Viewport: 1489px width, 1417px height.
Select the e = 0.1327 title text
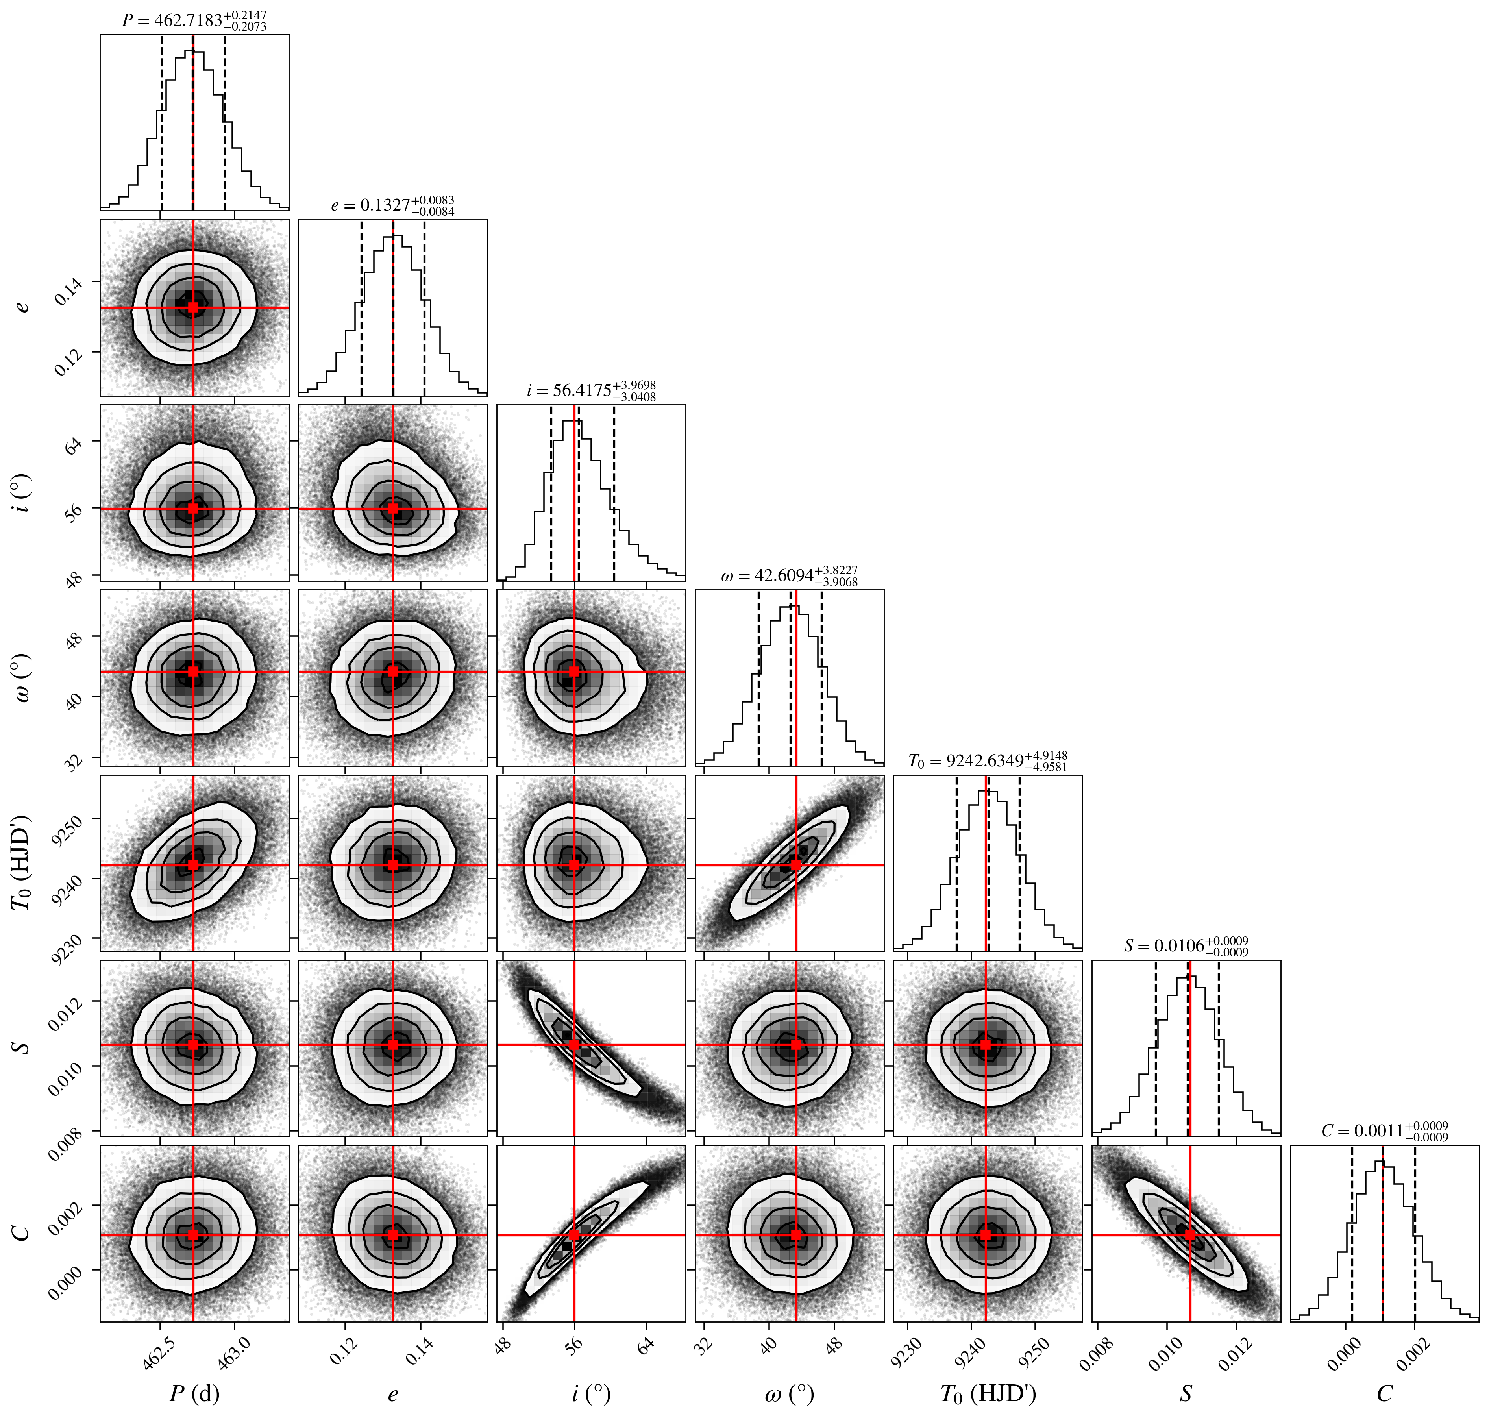[x=393, y=205]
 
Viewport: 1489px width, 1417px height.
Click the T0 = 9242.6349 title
[x=988, y=760]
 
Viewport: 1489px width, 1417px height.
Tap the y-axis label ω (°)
[x=23, y=678]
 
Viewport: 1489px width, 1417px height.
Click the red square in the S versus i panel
[x=575, y=1045]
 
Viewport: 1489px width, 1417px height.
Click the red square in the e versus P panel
[x=193, y=307]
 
